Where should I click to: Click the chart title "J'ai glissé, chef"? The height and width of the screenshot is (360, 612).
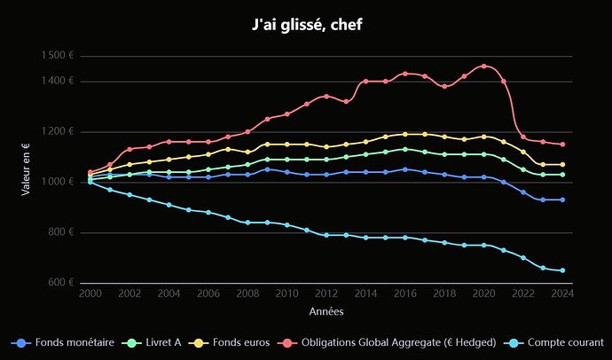pyautogui.click(x=306, y=25)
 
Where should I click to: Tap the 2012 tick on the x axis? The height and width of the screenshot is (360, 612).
pyautogui.click(x=326, y=293)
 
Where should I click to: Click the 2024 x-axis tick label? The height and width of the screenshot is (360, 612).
pyautogui.click(x=562, y=293)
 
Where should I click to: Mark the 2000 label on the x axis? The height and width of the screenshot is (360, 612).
pyautogui.click(x=90, y=293)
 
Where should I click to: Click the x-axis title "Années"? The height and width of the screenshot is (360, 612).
pyautogui.click(x=326, y=312)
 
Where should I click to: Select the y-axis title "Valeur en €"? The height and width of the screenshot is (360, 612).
pyautogui.click(x=27, y=169)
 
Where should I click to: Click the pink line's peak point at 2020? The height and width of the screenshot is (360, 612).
pyautogui.click(x=483, y=67)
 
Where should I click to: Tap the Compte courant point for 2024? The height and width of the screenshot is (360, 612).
pyautogui.click(x=562, y=270)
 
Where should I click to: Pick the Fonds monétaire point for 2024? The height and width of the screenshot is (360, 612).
pyautogui.click(x=562, y=200)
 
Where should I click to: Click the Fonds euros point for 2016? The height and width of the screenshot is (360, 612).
pyautogui.click(x=405, y=135)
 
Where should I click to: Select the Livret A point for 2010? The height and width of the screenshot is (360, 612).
pyautogui.click(x=286, y=160)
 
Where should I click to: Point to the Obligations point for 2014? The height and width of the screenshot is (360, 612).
pyautogui.click(x=365, y=82)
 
